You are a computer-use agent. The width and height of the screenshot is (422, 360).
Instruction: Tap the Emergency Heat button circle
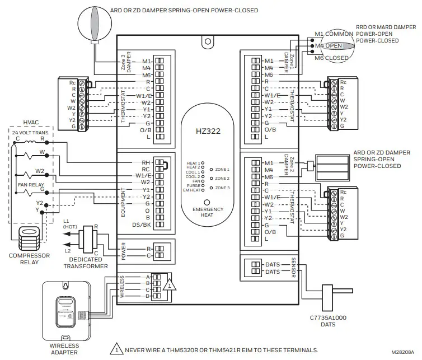coord(207,202)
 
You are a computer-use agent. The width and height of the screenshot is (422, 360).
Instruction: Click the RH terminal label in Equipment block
coord(145,162)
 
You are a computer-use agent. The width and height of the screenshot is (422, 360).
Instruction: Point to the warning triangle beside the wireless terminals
coord(170,284)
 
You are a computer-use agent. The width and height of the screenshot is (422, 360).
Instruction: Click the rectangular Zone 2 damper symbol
coord(332,166)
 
